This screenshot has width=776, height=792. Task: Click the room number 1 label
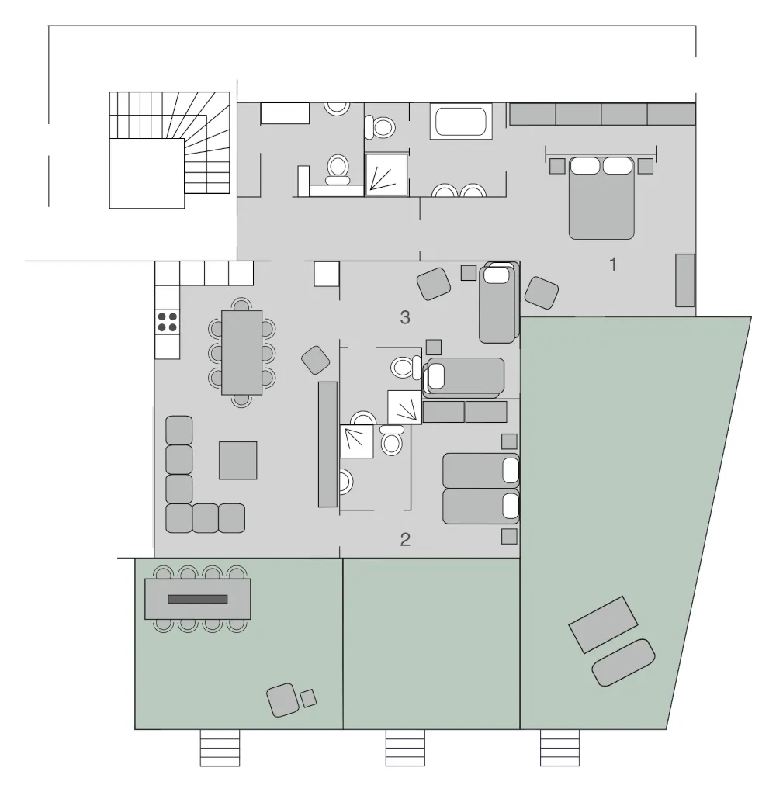(x=613, y=265)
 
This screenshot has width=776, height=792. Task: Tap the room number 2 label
(x=405, y=540)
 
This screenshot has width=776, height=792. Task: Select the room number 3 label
(x=405, y=317)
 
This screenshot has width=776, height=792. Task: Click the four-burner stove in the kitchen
(x=167, y=322)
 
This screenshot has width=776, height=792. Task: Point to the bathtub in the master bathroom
(x=461, y=121)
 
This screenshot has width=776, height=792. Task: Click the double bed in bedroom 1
(x=601, y=198)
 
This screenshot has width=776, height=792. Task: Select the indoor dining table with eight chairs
(x=241, y=352)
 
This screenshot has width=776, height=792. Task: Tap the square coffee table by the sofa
(x=238, y=460)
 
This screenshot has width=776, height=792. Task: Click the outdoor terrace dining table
(x=198, y=599)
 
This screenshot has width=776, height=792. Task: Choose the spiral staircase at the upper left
(x=170, y=150)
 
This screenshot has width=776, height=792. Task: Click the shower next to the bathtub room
(x=386, y=174)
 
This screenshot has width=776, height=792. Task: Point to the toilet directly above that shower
(x=380, y=126)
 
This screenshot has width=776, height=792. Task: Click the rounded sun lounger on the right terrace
(x=623, y=662)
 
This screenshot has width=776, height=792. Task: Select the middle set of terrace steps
(x=405, y=748)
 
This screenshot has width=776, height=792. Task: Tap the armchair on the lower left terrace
(x=283, y=700)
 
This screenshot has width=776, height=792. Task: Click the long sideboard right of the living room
(x=327, y=444)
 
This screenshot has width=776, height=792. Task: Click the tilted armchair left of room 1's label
(x=542, y=292)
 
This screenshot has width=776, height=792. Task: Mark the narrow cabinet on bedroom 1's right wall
(x=685, y=280)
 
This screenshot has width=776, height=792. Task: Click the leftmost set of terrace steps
(x=220, y=748)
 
